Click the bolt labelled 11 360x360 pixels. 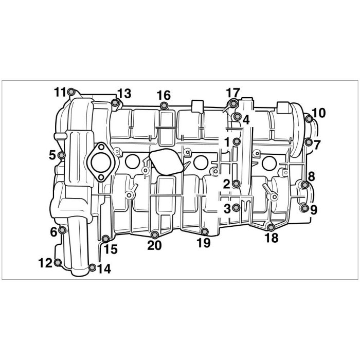[x=71, y=92]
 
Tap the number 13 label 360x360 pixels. [x=124, y=94]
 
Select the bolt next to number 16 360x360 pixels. [x=164, y=105]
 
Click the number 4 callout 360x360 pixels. [x=246, y=120]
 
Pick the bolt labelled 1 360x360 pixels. [x=237, y=141]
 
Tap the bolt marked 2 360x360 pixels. [x=237, y=184]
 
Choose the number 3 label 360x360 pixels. [x=227, y=209]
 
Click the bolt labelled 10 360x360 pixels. [x=309, y=119]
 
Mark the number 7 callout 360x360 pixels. [x=317, y=145]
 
